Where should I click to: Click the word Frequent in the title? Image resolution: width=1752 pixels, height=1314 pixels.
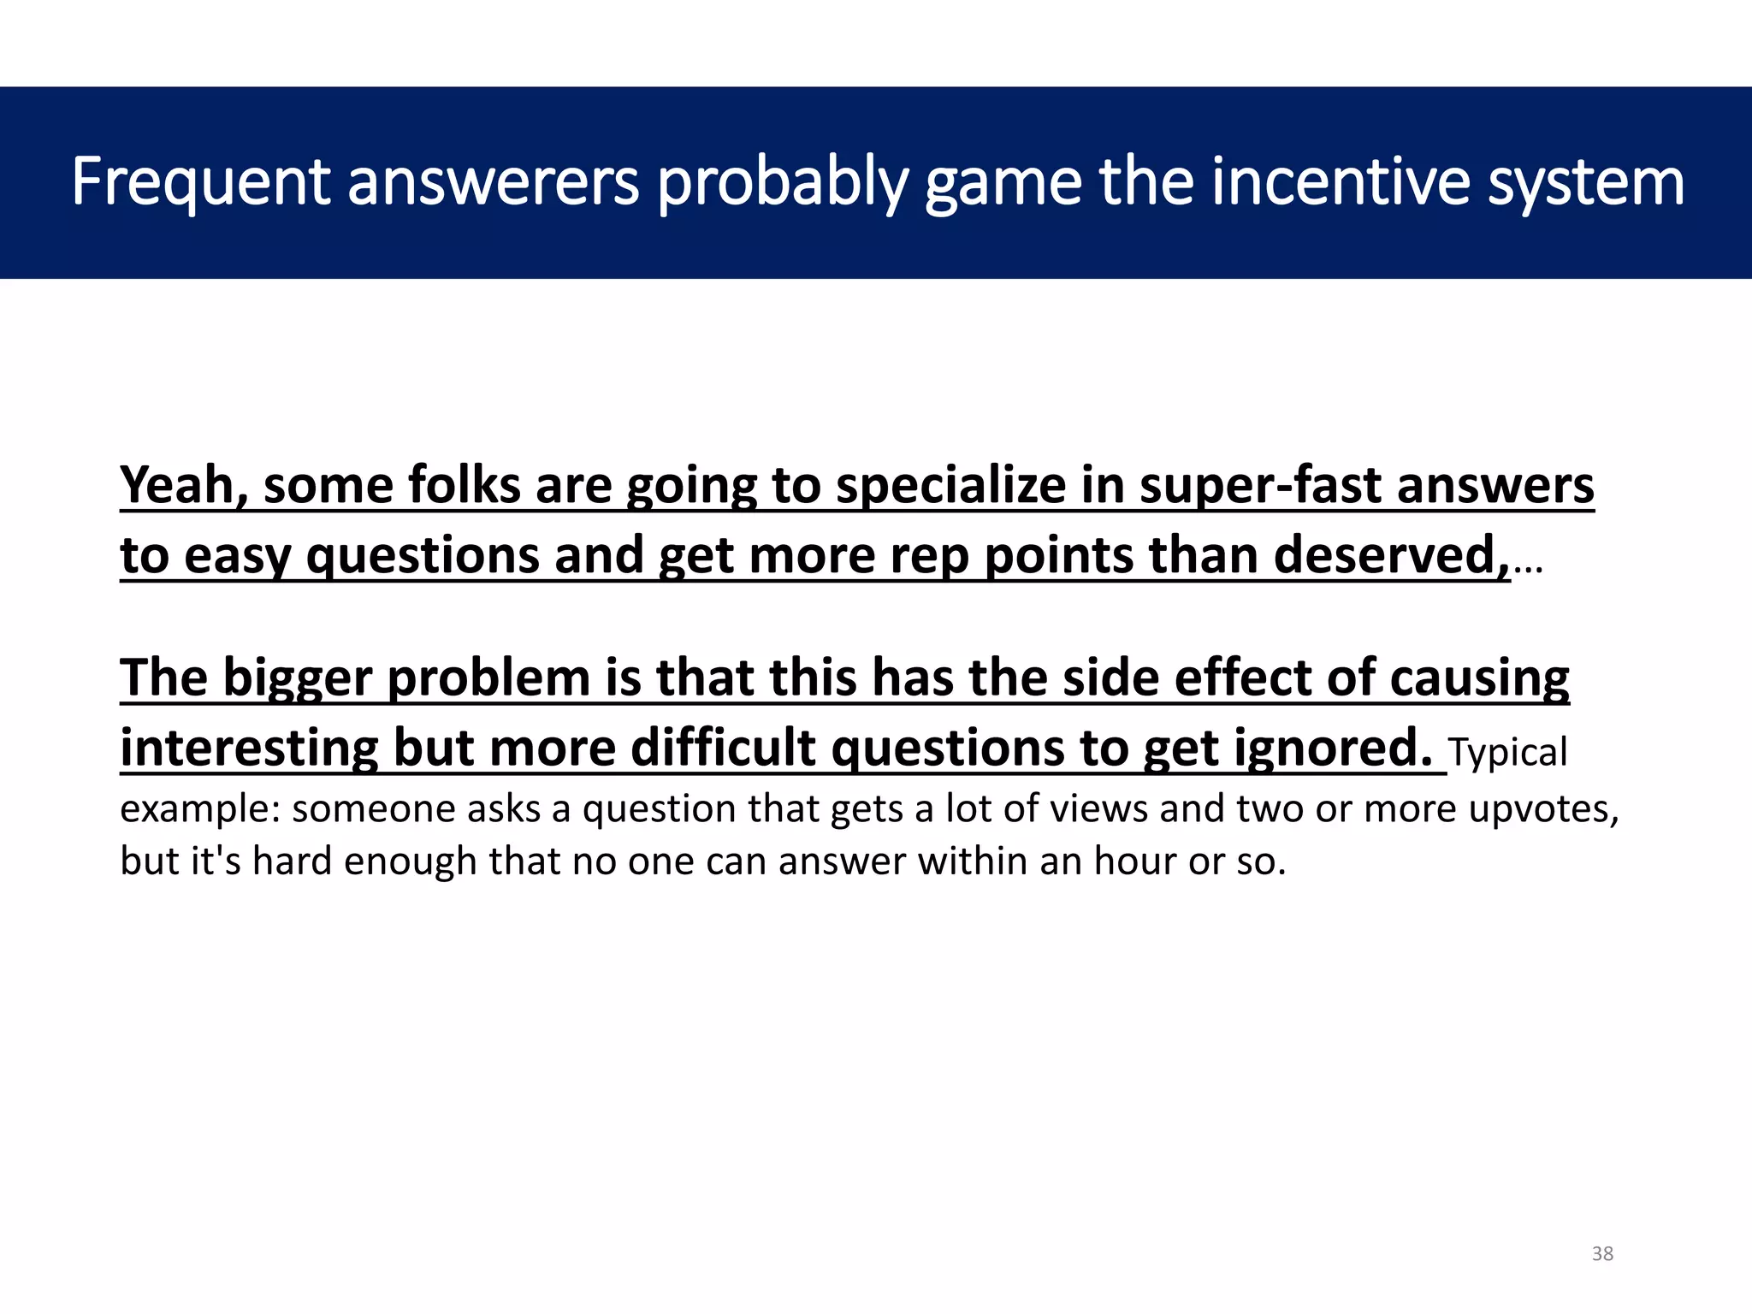(x=201, y=183)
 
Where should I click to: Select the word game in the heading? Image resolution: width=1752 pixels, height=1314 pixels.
(x=1003, y=183)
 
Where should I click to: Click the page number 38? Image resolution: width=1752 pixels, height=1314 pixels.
(x=1602, y=1254)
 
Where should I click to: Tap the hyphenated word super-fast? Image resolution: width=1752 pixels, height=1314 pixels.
(x=1260, y=486)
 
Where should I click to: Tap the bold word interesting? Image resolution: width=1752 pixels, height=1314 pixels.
(x=249, y=749)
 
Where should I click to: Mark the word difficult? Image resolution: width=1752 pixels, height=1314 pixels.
(x=723, y=749)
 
